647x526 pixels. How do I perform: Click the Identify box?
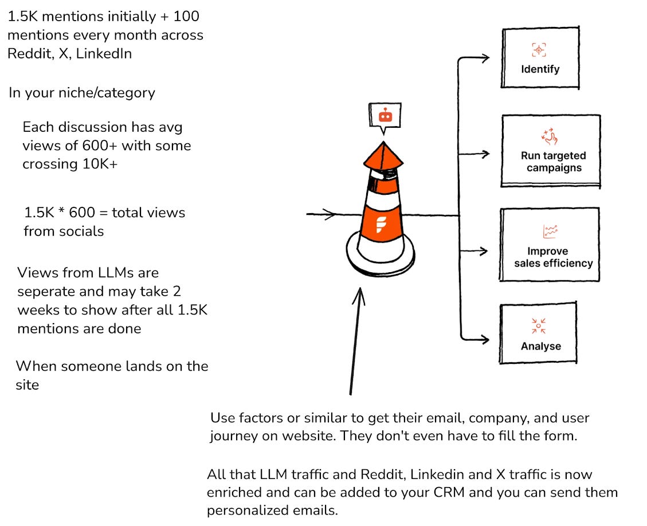(x=540, y=58)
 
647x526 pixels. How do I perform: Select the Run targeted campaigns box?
(x=551, y=151)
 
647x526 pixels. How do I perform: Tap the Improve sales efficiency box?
(x=550, y=245)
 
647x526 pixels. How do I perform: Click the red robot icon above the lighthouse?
(x=386, y=116)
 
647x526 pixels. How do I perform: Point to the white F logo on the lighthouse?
(x=381, y=225)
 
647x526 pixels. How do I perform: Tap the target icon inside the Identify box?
(x=539, y=50)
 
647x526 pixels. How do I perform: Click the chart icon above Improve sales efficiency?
(x=550, y=231)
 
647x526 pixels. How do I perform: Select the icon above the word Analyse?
(x=539, y=325)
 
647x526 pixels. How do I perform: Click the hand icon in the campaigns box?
(x=550, y=137)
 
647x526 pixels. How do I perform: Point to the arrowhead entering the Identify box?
(x=485, y=58)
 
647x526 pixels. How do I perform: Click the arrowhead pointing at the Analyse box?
(x=484, y=340)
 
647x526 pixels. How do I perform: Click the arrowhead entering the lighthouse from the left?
(x=331, y=214)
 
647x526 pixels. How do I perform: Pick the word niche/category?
(x=107, y=93)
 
